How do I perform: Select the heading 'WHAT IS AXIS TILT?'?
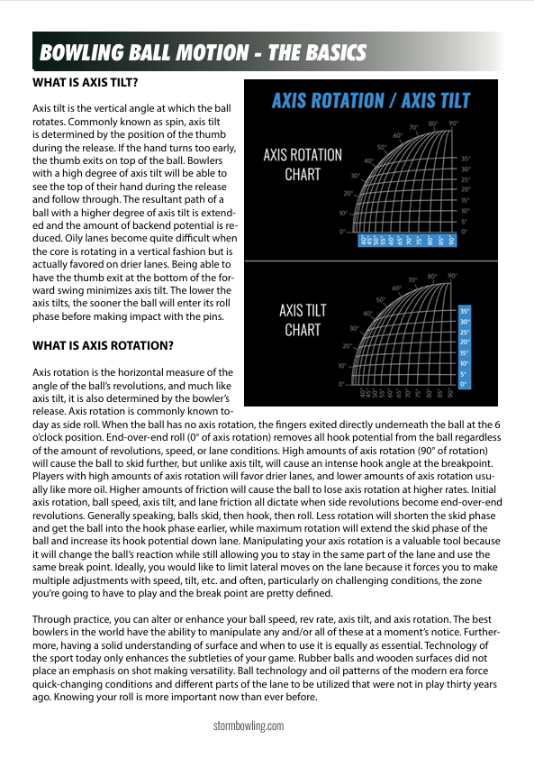85,83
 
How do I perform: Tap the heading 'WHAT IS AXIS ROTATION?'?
103,344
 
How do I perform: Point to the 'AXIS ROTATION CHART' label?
303,164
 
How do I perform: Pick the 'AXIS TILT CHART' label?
303,320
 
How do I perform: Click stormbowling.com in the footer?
249,725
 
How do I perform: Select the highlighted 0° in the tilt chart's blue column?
465,385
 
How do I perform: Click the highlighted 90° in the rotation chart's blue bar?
453,241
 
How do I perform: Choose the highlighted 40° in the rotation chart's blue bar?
362,241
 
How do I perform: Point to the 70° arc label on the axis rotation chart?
413,128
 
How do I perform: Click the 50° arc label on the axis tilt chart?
382,299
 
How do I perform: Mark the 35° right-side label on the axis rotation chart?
466,159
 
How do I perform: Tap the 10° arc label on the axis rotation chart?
342,213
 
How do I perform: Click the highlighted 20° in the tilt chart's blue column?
465,342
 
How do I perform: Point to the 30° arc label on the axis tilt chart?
356,328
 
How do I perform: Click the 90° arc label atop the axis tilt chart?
453,276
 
